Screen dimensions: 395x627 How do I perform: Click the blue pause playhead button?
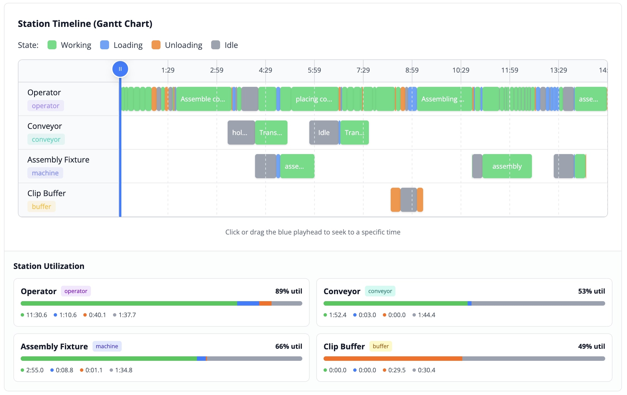120,69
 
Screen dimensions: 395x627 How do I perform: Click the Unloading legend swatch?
156,45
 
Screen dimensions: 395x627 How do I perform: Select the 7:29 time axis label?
363,70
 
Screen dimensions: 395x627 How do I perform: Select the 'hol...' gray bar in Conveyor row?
241,133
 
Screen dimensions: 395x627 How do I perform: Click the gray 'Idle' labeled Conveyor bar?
324,133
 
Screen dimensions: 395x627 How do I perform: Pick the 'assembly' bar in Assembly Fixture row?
507,166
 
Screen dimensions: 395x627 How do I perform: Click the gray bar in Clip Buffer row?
408,200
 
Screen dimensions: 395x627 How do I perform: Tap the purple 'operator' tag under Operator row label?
46,106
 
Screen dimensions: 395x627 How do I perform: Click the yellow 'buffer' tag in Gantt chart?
41,206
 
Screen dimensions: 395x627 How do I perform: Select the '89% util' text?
288,291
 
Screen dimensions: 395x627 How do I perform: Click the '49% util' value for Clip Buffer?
591,346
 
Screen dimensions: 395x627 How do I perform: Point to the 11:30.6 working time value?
36,315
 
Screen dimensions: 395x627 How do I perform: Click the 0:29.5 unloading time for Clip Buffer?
397,370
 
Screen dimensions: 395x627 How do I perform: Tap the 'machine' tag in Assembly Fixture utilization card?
107,346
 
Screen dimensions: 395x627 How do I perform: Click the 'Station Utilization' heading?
49,266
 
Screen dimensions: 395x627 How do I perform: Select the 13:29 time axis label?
558,70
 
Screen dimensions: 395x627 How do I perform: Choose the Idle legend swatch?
215,45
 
